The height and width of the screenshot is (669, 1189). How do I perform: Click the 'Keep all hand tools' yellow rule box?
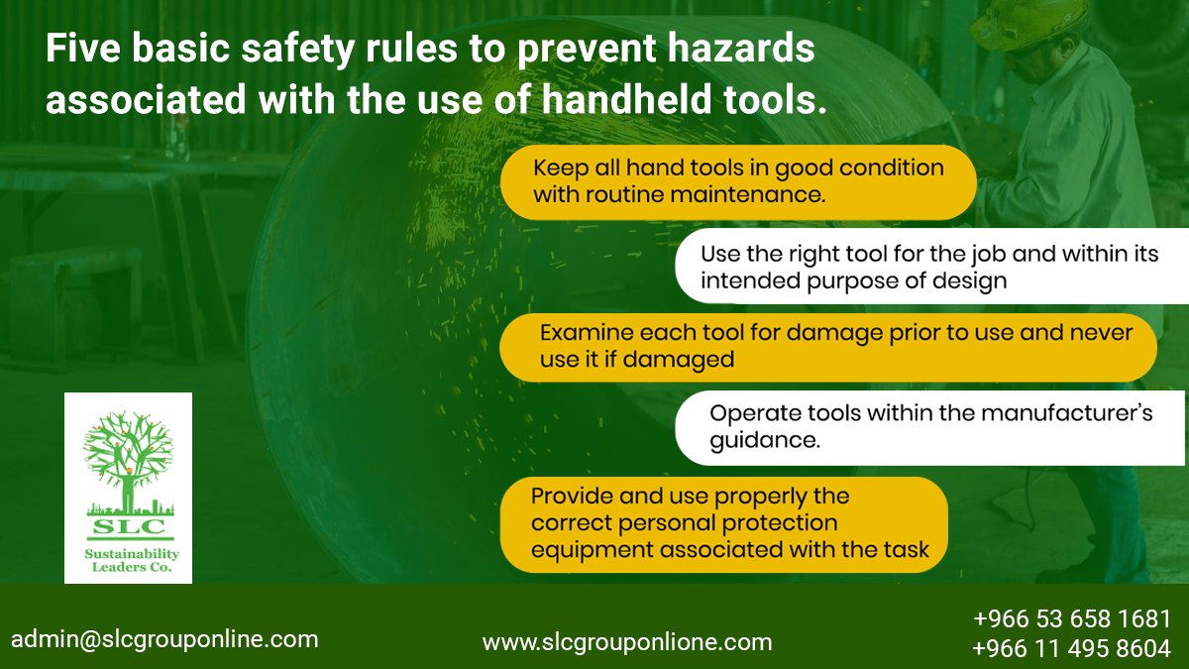[x=737, y=182]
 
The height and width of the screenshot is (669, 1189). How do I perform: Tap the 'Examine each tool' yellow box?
[x=827, y=346]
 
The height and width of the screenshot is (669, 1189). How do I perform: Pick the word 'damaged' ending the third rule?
[x=687, y=360]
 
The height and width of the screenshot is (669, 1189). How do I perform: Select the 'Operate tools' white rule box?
[x=931, y=427]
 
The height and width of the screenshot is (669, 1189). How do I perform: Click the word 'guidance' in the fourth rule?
[x=765, y=441]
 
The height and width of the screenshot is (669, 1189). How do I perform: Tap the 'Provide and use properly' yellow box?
[x=723, y=523]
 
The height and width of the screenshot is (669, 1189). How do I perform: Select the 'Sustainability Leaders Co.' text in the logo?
[x=128, y=561]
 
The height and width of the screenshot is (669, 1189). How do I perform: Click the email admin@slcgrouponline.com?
[x=164, y=639]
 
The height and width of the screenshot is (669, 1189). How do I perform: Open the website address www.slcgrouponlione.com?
[x=626, y=642]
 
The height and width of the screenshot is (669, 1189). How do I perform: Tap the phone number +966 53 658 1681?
[x=1072, y=619]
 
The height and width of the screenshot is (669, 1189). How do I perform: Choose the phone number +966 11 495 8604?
[x=1072, y=649]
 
